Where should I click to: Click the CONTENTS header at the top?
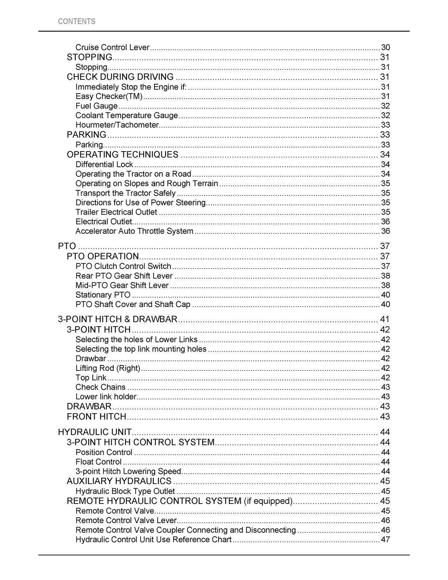[x=76, y=21]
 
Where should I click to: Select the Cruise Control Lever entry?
[x=112, y=47]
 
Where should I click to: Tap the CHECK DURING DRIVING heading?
[x=120, y=77]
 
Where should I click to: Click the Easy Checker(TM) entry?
[x=109, y=96]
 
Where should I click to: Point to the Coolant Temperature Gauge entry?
[x=126, y=116]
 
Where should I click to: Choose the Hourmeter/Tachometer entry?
[x=117, y=125]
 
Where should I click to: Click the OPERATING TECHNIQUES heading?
[x=123, y=155]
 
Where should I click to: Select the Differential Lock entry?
[x=104, y=165]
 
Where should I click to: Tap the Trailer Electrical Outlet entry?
[x=116, y=212]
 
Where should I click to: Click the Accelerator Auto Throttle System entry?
[x=134, y=231]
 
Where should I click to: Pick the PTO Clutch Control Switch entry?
[x=123, y=266]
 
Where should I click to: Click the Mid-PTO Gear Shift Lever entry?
[x=122, y=285]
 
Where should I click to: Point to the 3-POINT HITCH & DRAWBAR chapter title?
[x=118, y=319]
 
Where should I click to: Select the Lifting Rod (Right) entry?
[x=108, y=368]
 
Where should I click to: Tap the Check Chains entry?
[x=100, y=387]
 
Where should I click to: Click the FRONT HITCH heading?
[x=96, y=417]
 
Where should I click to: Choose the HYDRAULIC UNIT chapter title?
[x=95, y=432]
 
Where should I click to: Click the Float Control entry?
[x=98, y=462]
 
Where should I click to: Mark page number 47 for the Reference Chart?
[x=385, y=539]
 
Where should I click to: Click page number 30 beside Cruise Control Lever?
[x=385, y=47]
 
